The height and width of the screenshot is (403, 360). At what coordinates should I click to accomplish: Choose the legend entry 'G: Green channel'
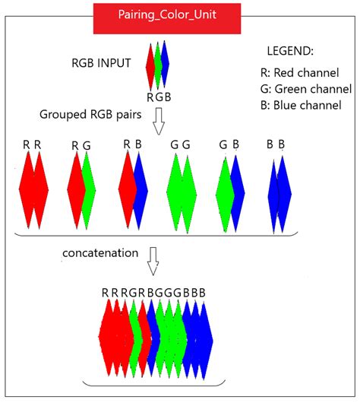305,89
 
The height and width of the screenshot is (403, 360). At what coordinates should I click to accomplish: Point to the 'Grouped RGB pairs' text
84,114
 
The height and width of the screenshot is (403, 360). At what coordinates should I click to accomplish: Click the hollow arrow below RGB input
158,121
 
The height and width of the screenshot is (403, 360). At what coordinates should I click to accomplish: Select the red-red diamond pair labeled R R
33,189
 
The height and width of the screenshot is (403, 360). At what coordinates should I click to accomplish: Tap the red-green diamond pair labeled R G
81,189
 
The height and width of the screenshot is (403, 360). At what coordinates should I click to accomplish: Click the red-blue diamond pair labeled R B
133,189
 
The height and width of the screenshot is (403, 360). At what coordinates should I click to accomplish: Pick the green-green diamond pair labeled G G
181,189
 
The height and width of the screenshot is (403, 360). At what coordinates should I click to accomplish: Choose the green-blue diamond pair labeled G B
230,189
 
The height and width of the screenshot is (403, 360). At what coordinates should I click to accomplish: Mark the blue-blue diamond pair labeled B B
279,189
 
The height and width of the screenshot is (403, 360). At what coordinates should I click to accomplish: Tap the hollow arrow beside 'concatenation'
153,260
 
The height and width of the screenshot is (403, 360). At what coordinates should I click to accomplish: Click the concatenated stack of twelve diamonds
153,335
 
